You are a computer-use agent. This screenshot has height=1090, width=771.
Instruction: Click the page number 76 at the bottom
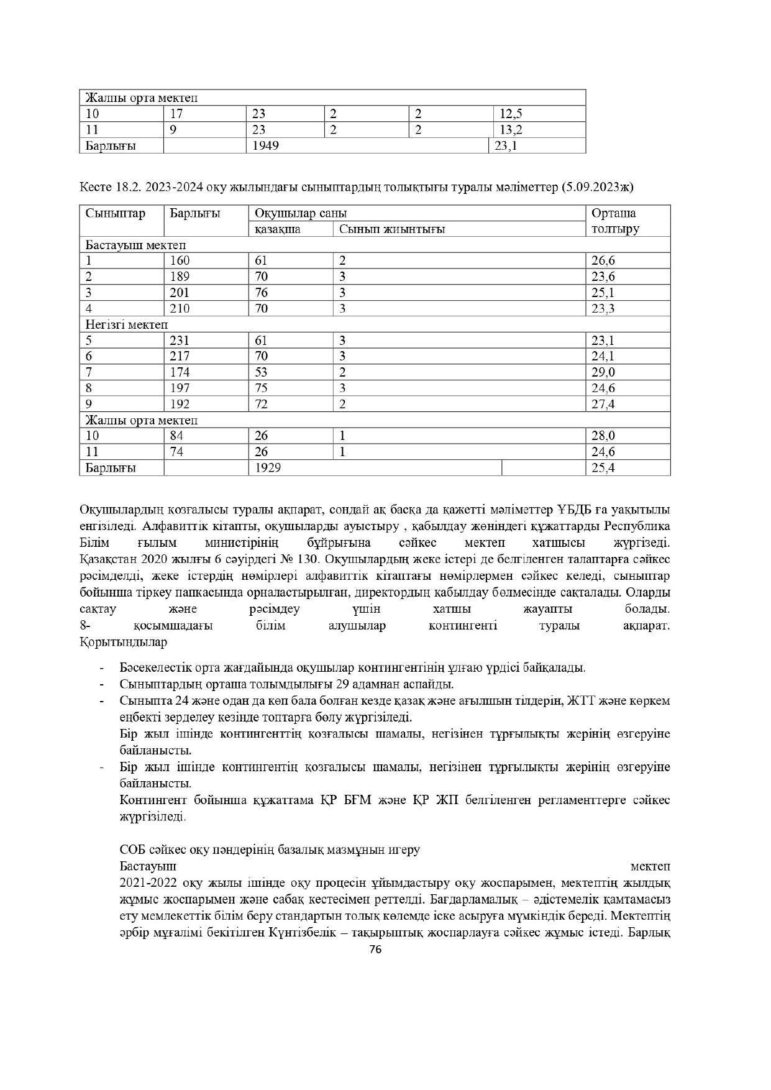pyautogui.click(x=375, y=949)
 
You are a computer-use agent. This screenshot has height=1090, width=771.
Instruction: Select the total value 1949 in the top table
pyautogui.click(x=265, y=145)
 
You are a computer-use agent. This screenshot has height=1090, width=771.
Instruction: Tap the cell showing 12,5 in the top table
pyautogui.click(x=510, y=114)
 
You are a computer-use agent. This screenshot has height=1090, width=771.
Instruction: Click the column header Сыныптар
pyautogui.click(x=115, y=213)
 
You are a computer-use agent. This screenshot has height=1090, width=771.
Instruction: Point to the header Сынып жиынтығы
pyautogui.click(x=391, y=229)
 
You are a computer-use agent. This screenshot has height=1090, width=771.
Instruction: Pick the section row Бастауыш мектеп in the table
pyautogui.click(x=135, y=245)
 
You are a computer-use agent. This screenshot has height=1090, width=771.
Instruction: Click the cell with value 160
pyautogui.click(x=180, y=261)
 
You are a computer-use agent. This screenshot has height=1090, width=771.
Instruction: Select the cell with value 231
pyautogui.click(x=180, y=341)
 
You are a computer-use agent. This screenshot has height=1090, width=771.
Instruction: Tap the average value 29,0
pyautogui.click(x=603, y=372)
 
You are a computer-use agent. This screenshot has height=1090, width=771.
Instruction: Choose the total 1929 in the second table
pyautogui.click(x=267, y=467)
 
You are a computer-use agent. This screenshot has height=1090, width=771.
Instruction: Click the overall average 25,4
pyautogui.click(x=603, y=467)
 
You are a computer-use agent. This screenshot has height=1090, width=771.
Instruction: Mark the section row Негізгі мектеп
pyautogui.click(x=127, y=324)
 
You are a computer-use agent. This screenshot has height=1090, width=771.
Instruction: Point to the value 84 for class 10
pyautogui.click(x=176, y=436)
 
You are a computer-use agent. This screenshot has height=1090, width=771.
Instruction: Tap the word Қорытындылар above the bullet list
pyautogui.click(x=123, y=642)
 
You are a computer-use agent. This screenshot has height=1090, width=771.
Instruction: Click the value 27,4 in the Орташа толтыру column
pyautogui.click(x=603, y=404)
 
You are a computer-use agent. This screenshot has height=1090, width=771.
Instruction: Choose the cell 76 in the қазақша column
pyautogui.click(x=261, y=293)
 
